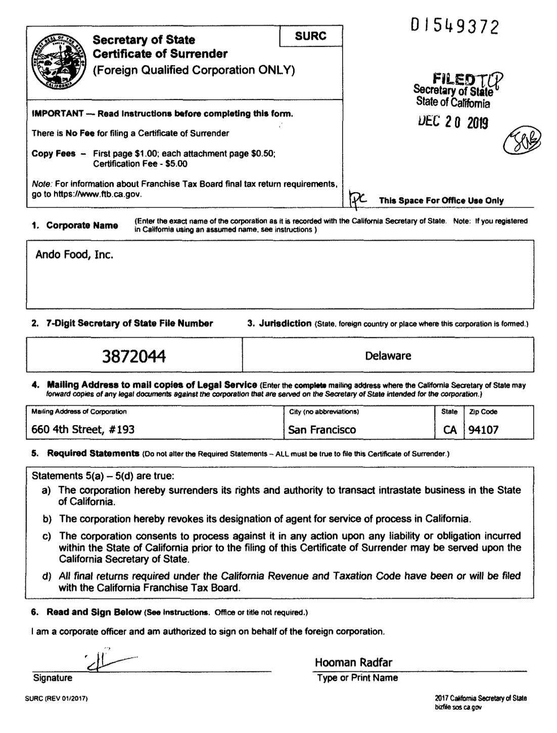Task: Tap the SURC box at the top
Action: click(x=310, y=36)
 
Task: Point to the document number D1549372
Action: click(x=454, y=26)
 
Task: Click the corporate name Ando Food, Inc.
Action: click(x=74, y=255)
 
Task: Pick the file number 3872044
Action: click(x=134, y=356)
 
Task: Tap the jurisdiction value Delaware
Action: click(x=388, y=356)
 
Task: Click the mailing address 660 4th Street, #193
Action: click(x=83, y=430)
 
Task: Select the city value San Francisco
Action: click(x=322, y=430)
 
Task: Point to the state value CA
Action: click(x=450, y=430)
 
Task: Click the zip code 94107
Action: click(x=483, y=430)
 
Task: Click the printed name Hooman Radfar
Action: click(x=353, y=663)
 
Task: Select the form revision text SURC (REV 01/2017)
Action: click(x=57, y=699)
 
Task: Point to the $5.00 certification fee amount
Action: click(x=176, y=164)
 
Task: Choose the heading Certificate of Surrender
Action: click(x=160, y=54)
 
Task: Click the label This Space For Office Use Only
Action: click(x=441, y=201)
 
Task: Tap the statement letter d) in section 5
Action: click(x=47, y=576)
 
